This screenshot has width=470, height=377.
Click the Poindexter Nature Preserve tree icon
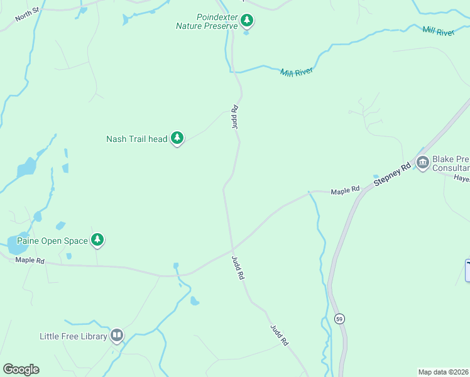coord(247,21)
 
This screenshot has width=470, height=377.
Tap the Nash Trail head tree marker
coord(177,138)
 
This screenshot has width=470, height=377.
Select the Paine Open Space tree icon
coord(97,239)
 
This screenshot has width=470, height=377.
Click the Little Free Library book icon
coord(117,336)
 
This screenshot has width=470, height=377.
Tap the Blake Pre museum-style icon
coord(422,163)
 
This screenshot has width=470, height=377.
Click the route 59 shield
coord(339,319)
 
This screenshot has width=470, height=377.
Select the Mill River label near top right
coord(438,31)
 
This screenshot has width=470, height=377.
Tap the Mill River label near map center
coord(297,72)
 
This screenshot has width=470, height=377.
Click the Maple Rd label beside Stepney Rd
coord(345,189)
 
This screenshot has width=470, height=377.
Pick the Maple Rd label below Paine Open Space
coord(30,260)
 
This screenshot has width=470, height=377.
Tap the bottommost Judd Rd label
coord(279,335)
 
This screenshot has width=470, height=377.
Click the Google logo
coord(21,369)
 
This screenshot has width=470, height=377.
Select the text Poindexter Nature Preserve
coord(207,21)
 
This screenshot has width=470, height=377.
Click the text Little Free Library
coord(73,337)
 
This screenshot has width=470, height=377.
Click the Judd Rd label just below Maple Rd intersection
coord(238,268)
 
